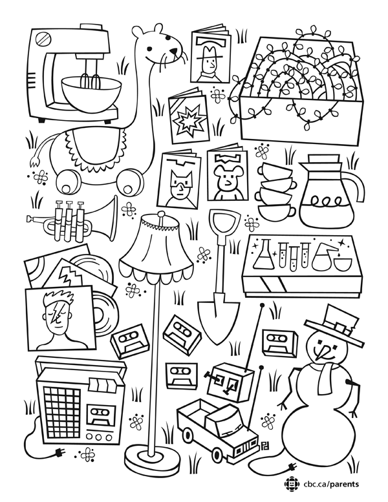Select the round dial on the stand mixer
click(42, 38)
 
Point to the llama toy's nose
click(173, 52)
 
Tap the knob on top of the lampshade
click(162, 214)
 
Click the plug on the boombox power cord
click(59, 452)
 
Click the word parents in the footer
click(344, 484)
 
